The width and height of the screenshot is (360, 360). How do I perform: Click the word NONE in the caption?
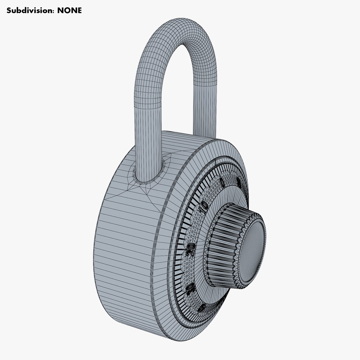(x=70, y=10)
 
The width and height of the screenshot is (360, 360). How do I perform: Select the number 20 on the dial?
(x=191, y=250)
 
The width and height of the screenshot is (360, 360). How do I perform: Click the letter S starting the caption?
(x=9, y=10)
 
